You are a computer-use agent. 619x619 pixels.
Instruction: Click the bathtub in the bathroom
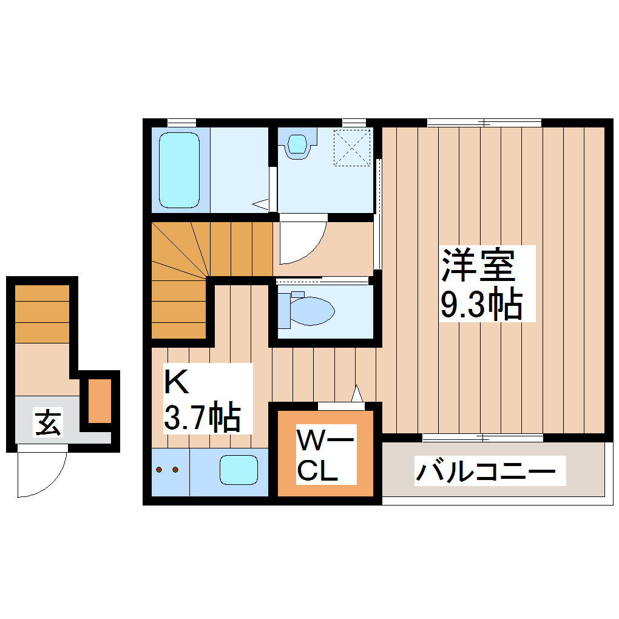pos(179,170)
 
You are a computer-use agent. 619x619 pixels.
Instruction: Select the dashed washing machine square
pos(352,147)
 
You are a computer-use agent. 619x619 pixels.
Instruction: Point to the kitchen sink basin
pos(239,470)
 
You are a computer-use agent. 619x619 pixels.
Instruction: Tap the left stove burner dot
pos(160,470)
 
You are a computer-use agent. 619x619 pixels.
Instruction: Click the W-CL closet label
pos(317,455)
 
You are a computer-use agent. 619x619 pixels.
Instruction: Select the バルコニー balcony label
pos(485,470)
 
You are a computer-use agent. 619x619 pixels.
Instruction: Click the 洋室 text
pos(478,265)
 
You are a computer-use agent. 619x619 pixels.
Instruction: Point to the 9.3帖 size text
pos(481,305)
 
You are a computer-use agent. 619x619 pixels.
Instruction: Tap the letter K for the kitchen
pos(176,382)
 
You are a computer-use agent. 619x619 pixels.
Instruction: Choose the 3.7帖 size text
pos(201,417)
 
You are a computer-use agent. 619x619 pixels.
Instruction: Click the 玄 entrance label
pos(47,422)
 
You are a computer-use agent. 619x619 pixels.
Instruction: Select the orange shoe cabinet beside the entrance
pos(100,401)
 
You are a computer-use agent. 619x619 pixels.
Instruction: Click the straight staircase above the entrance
pos(42,313)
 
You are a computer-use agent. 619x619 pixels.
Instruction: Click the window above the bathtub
pos(181,122)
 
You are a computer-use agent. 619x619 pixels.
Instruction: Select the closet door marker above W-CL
pos(340,405)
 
